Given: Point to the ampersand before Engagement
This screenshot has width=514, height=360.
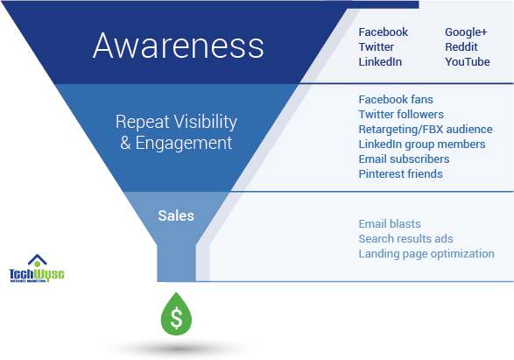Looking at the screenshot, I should coord(126,141).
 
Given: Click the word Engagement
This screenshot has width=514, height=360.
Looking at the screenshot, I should coord(185,141).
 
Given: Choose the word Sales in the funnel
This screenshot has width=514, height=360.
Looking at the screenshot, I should coord(176,215).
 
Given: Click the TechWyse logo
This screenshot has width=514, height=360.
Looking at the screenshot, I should coord(37,269).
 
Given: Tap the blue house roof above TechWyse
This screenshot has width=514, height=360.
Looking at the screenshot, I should coord(37,258).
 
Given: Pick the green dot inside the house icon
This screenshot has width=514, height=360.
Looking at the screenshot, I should coord(37,265).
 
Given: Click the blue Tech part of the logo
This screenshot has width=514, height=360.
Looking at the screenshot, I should coord(23,274).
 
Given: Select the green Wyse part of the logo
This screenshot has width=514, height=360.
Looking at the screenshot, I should coord(50,274).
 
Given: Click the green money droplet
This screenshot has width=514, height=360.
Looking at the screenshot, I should coord(177,316).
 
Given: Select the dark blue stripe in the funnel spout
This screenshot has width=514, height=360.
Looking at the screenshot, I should coord(202,263).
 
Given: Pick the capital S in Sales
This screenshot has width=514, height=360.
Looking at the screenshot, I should coord(163,215).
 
